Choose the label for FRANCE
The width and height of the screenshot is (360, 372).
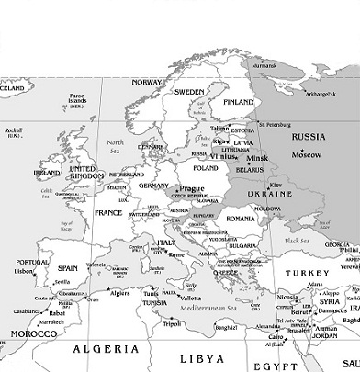[108, 212]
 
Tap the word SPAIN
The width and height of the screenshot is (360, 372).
[67, 267]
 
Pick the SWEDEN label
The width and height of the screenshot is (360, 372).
[189, 92]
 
